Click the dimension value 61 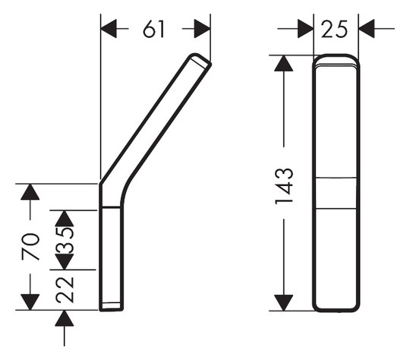pos(153,29)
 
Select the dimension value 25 pos(334,29)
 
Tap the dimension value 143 pos(284,186)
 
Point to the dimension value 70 pos(30,246)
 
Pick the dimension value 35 pos(65,240)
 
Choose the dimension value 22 pos(65,290)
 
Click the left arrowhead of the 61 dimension pos(109,29)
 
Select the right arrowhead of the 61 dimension pos(203,29)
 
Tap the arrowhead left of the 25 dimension pos(306,29)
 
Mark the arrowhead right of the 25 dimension pos(367,29)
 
